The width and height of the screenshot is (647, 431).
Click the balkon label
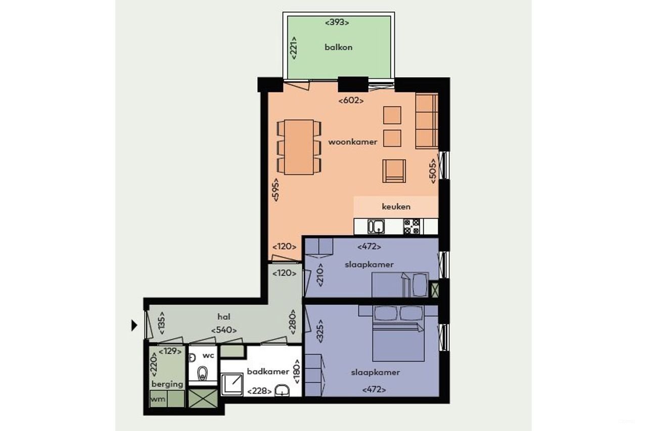[338, 47]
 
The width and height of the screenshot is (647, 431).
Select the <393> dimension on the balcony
[337, 22]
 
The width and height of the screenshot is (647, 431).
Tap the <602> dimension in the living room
[351, 101]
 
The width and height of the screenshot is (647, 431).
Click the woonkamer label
[353, 142]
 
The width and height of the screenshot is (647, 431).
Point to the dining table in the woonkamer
[299, 147]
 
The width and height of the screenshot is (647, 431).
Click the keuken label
[396, 206]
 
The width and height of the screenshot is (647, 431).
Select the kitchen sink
[376, 227]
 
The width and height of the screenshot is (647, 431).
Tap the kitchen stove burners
[412, 226]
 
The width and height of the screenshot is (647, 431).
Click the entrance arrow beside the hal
[134, 325]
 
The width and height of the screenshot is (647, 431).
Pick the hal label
[224, 317]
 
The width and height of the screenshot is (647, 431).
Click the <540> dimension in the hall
[224, 330]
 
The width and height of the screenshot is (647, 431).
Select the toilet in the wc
[203, 374]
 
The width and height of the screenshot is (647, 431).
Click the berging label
[167, 384]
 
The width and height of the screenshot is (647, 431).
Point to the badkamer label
[268, 371]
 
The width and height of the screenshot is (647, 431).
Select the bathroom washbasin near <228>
[282, 392]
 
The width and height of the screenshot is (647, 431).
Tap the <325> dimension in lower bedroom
[319, 331]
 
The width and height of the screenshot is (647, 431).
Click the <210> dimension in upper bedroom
[319, 275]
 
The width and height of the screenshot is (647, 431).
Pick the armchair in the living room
[394, 171]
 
